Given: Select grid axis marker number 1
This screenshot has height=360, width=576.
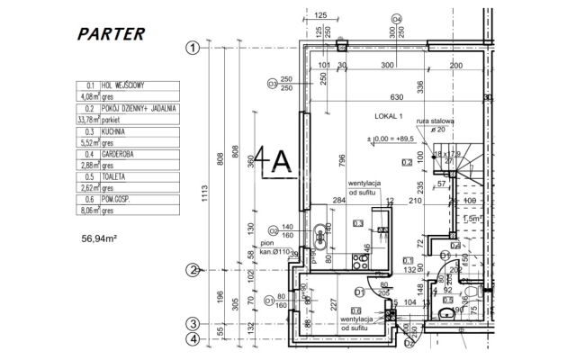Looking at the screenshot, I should [x=192, y=49].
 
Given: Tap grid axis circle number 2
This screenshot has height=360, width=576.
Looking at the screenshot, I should [x=192, y=269].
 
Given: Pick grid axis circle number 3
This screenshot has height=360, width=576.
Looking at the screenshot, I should [x=192, y=324].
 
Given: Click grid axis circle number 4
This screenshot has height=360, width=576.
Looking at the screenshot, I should [x=192, y=339].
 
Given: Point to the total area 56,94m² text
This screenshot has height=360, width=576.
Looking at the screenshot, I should [x=101, y=240].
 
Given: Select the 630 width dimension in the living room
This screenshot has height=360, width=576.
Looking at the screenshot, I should [x=395, y=98].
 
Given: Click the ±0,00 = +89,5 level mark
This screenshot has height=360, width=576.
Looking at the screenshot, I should [x=389, y=138].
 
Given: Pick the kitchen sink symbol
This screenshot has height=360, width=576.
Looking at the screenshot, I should [x=320, y=234].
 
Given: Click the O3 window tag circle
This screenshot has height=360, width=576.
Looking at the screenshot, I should [x=273, y=84].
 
